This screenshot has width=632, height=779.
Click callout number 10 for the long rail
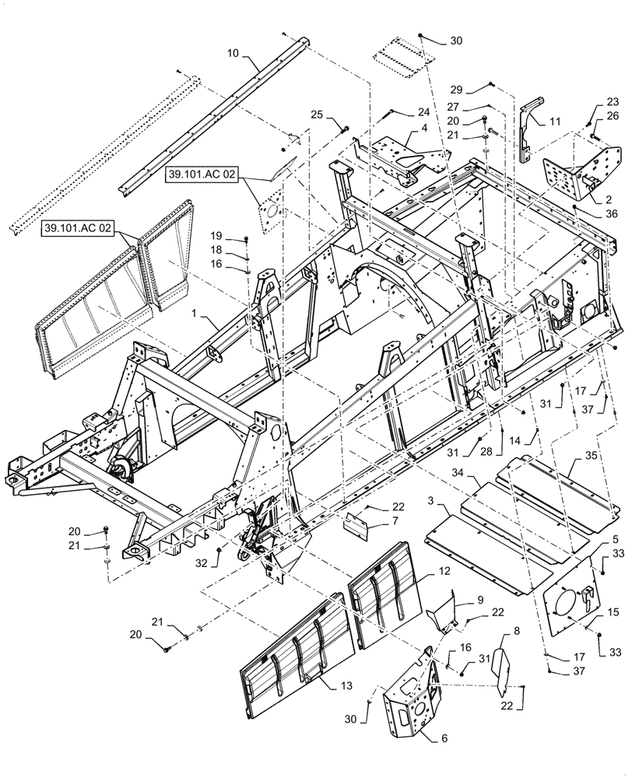232,53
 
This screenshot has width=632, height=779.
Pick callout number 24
423,111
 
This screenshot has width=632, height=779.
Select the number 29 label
457,90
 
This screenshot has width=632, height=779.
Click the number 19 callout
216,235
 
